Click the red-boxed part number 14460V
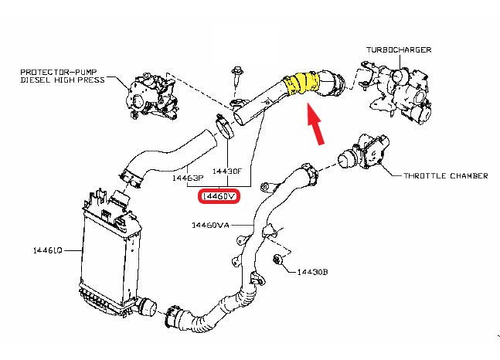pyautogui.click(x=220, y=197)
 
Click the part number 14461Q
pyautogui.click(x=47, y=250)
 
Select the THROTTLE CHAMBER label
pyautogui.click(x=445, y=175)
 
